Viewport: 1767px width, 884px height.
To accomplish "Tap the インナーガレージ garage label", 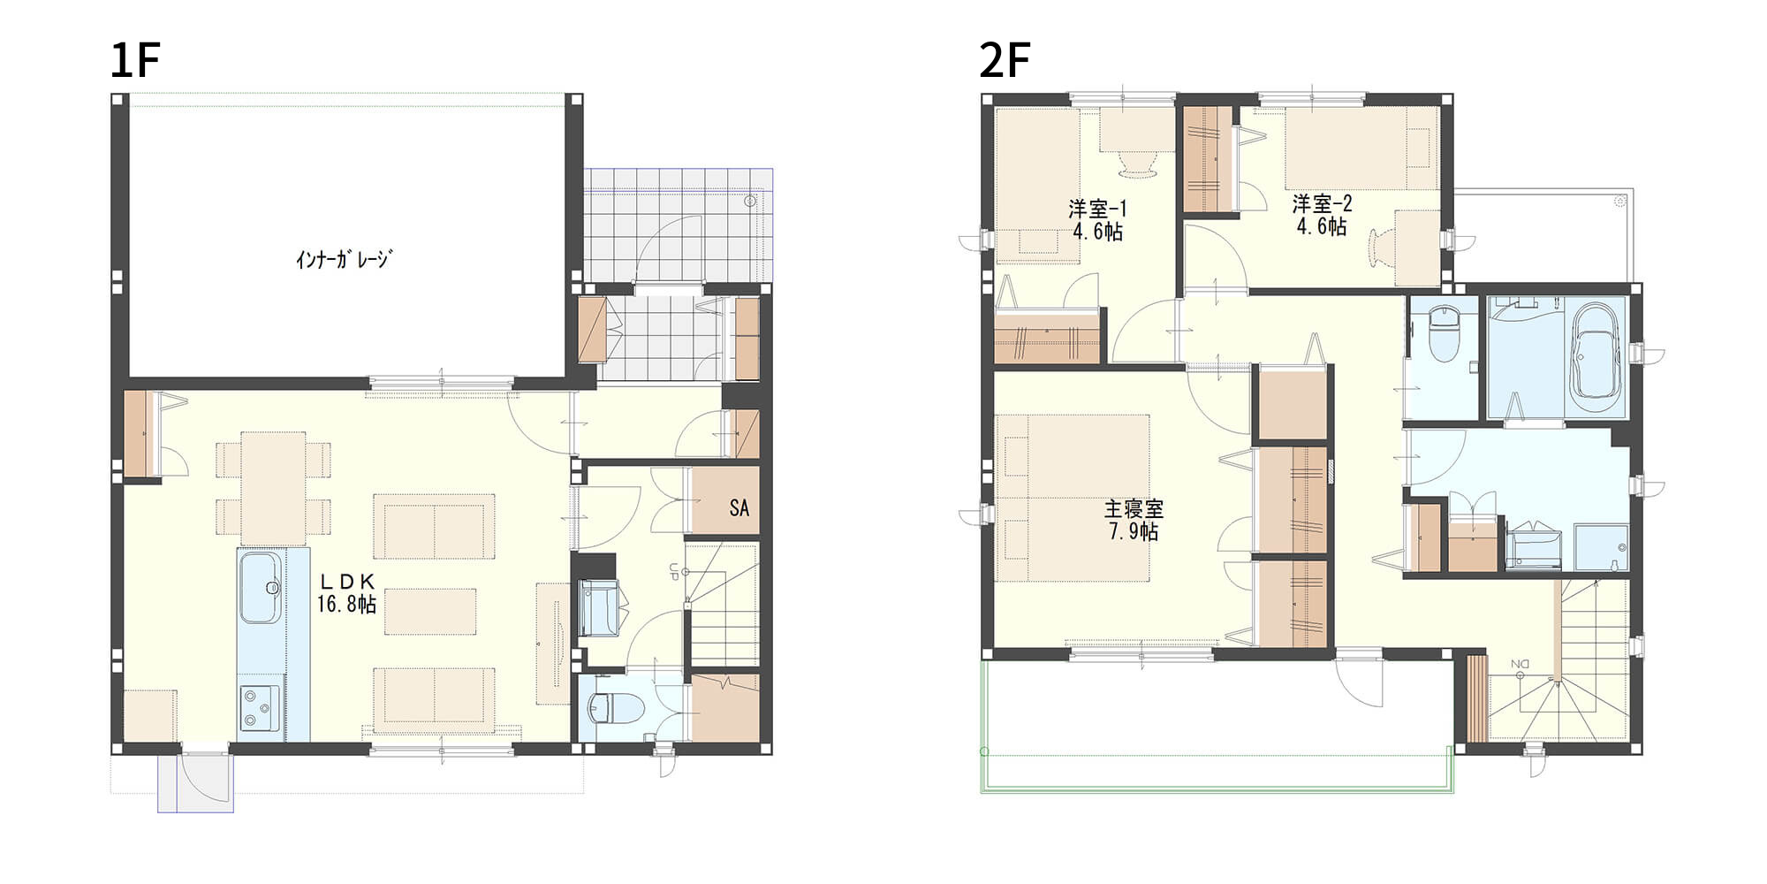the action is click(x=343, y=259).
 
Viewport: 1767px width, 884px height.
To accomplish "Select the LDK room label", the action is click(x=347, y=581).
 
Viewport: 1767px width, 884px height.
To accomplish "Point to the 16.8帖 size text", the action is click(x=347, y=604).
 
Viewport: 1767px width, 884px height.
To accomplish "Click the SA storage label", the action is click(x=739, y=507).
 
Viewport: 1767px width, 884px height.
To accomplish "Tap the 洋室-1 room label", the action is click(x=1098, y=209).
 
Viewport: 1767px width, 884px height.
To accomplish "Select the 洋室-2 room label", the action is click(x=1322, y=204).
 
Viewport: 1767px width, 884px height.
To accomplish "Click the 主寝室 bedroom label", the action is click(x=1134, y=509).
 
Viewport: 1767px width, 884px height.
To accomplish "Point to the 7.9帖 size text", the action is click(x=1134, y=531).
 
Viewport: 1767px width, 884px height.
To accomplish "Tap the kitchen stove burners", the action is click(x=260, y=708).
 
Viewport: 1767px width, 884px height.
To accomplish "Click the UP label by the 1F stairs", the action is click(x=673, y=571).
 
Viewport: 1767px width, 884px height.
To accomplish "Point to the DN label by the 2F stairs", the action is click(x=1520, y=664).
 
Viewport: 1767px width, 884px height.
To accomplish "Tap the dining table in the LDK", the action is click(x=274, y=488).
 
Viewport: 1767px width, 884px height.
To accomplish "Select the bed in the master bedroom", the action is click(x=1073, y=498).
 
